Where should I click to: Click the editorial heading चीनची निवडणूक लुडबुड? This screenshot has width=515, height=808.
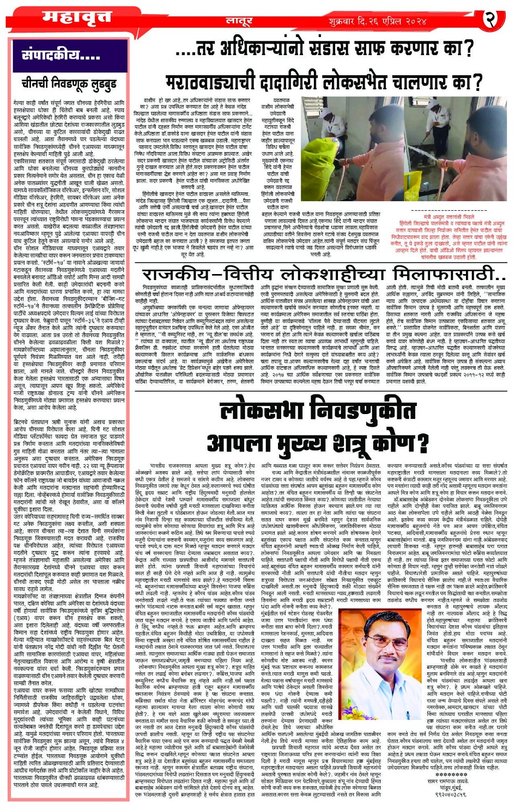click(x=69, y=84)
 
